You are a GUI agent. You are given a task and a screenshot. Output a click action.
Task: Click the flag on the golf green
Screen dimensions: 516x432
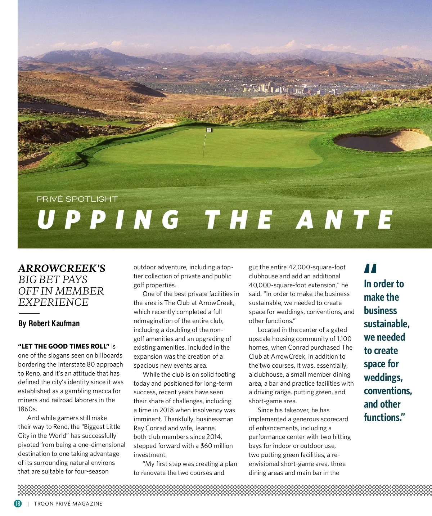click(x=208, y=130)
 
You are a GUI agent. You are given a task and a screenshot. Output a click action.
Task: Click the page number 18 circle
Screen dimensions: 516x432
click(x=18, y=503)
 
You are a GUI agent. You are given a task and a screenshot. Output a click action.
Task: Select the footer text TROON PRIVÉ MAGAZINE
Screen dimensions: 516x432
click(x=68, y=504)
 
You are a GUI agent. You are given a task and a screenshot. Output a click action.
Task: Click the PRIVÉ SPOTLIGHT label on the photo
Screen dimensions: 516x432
click(x=77, y=199)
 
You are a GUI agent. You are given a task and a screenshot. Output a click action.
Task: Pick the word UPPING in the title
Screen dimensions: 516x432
click(x=108, y=220)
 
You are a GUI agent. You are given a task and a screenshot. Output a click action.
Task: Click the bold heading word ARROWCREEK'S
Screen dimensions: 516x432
click(x=62, y=268)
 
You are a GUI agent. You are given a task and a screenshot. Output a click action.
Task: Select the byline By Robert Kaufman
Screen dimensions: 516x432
click(x=49, y=323)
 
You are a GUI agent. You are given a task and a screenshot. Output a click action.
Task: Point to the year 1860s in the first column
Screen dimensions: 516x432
click(x=27, y=409)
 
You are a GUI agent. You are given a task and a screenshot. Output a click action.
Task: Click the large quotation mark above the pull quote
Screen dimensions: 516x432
click(x=370, y=268)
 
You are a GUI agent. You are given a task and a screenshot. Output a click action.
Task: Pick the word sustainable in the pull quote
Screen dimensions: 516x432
click(x=387, y=324)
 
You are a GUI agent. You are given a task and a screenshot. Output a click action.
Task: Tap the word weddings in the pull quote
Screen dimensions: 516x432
click(x=383, y=377)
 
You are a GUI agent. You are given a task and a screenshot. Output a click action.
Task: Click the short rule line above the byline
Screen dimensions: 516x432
click(x=29, y=313)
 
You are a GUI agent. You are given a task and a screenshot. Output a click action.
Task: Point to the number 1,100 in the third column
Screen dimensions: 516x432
click(x=344, y=339)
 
